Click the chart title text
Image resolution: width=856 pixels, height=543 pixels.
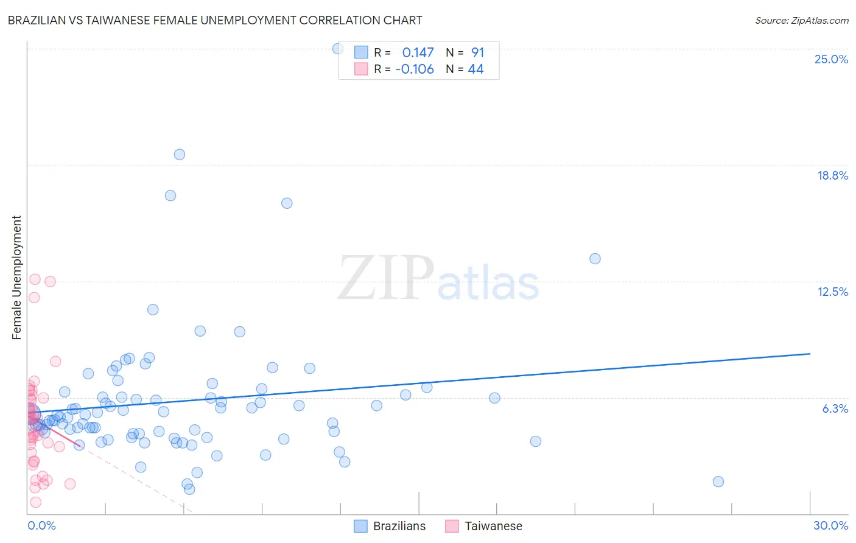pos(215,20)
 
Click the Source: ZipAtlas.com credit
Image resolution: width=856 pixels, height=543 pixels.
pos(801,21)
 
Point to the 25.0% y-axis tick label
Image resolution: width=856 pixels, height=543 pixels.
pos(830,59)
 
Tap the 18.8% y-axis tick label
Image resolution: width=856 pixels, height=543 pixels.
pos(832,175)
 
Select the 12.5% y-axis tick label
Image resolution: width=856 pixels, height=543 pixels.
pos(832,292)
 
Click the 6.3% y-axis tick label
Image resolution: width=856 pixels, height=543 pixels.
pos(835,408)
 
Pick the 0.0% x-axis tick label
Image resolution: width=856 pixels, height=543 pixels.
pos(41,525)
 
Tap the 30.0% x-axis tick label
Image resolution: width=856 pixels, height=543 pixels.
pos(830,525)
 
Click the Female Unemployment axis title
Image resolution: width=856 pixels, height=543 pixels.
pos(16,277)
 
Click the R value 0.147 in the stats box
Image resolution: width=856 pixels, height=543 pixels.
pos(418,53)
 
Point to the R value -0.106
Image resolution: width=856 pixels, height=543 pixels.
pos(414,69)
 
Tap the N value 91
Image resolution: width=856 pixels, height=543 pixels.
pos(477,53)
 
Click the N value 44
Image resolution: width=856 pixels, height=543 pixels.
pos(475,69)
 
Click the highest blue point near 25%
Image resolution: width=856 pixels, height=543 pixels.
pos(338,49)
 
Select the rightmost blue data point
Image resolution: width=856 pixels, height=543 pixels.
pos(718,482)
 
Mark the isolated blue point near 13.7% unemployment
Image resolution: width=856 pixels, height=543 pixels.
pos(595,259)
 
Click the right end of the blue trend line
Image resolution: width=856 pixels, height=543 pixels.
pos(810,354)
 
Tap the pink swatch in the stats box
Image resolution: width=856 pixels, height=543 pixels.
pos(361,69)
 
